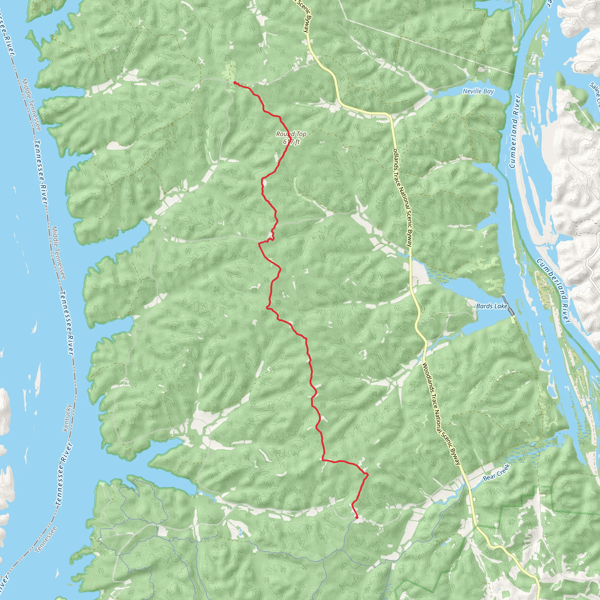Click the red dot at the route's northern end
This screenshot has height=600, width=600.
click(x=235, y=83)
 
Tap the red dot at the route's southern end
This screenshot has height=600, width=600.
click(x=357, y=517)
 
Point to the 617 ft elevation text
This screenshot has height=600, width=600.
click(x=291, y=142)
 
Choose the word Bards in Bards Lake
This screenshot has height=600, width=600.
click(x=484, y=306)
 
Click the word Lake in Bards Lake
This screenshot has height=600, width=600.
click(x=501, y=306)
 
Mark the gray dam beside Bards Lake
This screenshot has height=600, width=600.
click(x=508, y=306)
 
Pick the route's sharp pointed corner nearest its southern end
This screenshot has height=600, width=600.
click(x=368, y=474)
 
